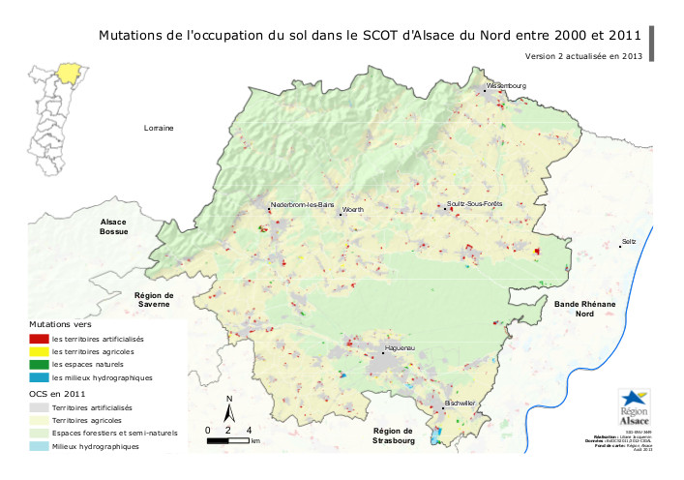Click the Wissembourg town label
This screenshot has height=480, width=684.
click(507, 86)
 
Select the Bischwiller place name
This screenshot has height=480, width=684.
click(461, 403)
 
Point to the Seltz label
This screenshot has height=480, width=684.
click(630, 243)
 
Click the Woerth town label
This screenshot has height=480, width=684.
click(353, 210)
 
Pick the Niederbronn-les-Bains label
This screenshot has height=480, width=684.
click(303, 205)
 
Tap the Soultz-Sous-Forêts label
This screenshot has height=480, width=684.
click(476, 204)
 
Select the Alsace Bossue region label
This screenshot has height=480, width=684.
click(121, 227)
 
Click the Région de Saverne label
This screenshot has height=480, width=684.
click(153, 300)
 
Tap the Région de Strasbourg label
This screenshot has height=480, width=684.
click(393, 435)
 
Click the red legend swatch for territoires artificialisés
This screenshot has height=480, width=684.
click(39, 340)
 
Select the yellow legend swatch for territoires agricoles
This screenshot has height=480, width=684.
click(39, 352)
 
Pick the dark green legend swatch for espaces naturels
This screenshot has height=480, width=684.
click(39, 365)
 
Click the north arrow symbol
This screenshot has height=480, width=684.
click(229, 412)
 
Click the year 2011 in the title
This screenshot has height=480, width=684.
click(624, 35)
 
